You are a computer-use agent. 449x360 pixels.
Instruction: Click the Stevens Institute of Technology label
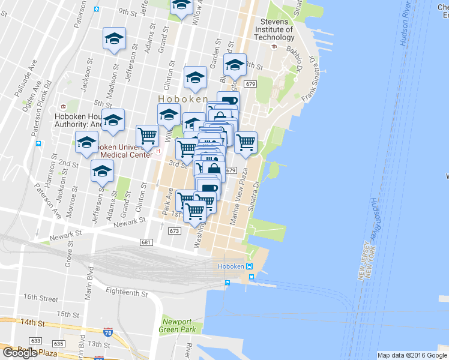(x=274, y=29)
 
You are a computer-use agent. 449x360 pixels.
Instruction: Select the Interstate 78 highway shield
(x=108, y=332)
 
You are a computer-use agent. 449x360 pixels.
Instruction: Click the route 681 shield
(x=146, y=242)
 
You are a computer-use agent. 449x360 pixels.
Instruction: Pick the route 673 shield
(x=175, y=230)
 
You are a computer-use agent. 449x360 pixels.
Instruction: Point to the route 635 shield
(x=58, y=343)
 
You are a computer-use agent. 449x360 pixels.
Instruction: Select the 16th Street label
(x=41, y=298)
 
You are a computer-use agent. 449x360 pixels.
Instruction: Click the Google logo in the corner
(x=19, y=353)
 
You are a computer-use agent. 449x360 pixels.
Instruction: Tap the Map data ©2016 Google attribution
(x=412, y=355)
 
